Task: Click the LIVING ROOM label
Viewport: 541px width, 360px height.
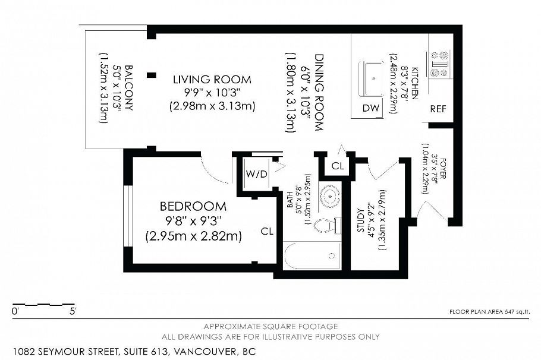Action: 212,79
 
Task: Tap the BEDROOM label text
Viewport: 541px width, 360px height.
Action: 193,207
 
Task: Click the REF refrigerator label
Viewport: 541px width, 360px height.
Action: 438,109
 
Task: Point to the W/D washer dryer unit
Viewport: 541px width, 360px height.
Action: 256,175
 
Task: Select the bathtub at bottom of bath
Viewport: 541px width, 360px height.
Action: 312,256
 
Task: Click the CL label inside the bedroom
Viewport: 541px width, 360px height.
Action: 267,232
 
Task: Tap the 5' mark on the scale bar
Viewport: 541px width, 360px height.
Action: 73,311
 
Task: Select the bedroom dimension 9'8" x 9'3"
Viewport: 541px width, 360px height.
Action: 193,221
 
